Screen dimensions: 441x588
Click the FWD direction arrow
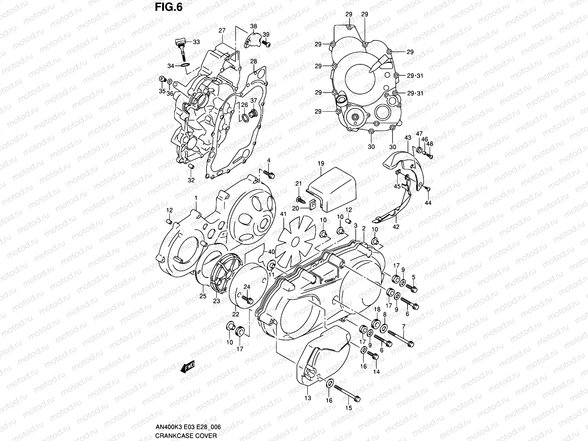tap(187, 367)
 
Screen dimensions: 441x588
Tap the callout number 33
tap(196, 42)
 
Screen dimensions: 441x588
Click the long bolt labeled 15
tap(347, 393)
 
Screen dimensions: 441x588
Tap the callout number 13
tap(308, 398)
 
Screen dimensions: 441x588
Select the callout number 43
tap(407, 137)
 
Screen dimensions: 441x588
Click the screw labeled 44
tap(427, 189)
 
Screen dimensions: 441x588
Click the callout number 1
tap(196, 198)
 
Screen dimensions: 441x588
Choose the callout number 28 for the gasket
tap(264, 61)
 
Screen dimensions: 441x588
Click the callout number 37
tap(254, 100)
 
